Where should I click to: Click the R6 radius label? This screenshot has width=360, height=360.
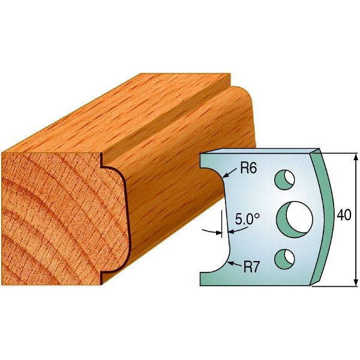[248, 169]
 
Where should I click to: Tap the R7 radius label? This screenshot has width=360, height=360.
[251, 267]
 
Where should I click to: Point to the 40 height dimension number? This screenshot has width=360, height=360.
[344, 215]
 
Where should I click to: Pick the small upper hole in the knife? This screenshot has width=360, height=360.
[284, 180]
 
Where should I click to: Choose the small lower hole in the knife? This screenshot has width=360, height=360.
[284, 259]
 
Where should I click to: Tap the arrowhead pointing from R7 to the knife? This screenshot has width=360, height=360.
[230, 263]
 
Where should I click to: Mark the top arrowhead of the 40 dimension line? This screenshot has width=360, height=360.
[356, 157]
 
